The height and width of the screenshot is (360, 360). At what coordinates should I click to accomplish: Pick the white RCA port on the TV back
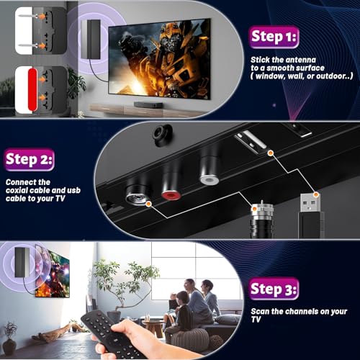coord(210,175)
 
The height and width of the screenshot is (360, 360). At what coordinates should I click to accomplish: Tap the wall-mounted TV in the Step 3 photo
coord(53,274)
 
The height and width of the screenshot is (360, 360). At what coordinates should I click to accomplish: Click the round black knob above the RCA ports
coord(159,134)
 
